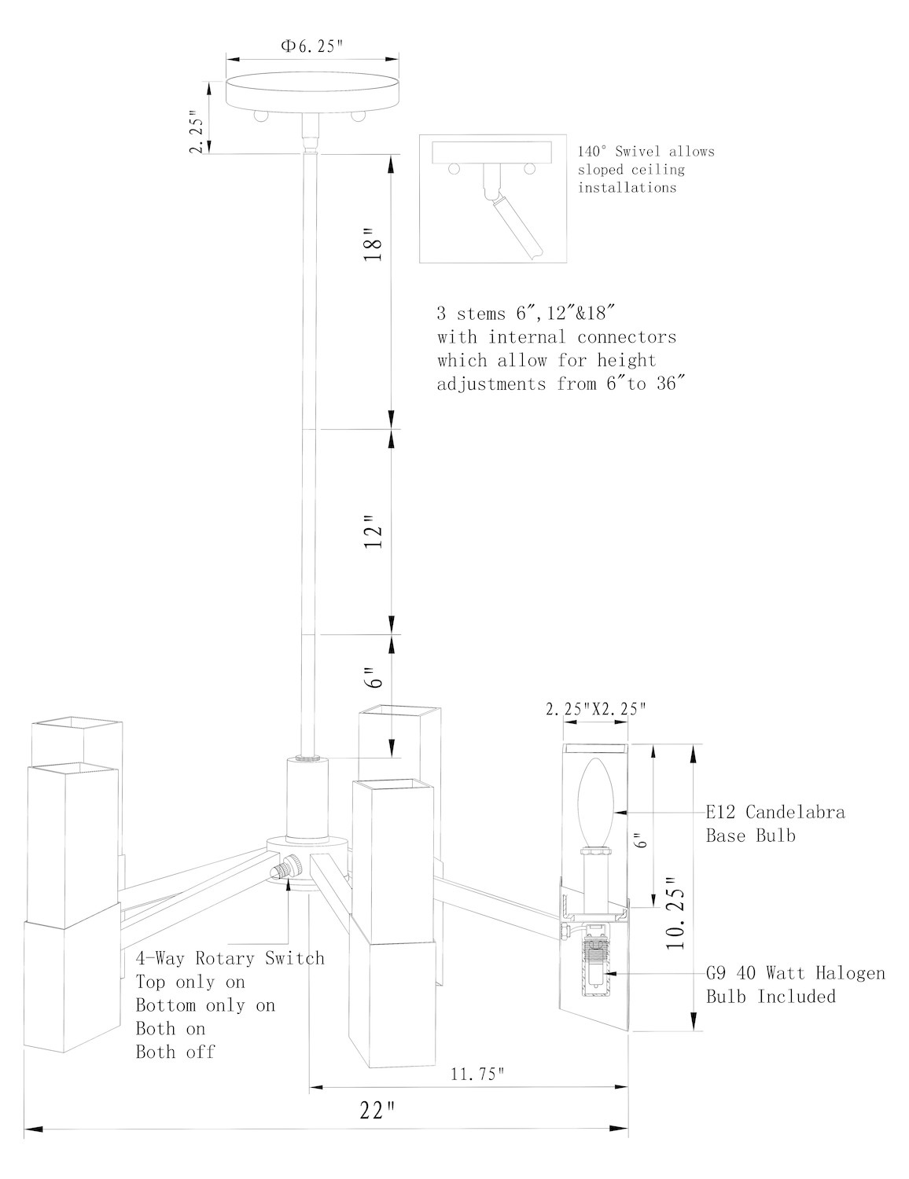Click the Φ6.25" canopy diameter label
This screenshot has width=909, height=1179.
click(x=312, y=46)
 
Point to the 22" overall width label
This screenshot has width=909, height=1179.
click(x=377, y=1111)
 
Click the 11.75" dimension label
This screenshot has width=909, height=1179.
click(x=477, y=1074)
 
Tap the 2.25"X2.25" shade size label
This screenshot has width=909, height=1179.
click(x=595, y=708)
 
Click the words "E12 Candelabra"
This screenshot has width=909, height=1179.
click(x=775, y=812)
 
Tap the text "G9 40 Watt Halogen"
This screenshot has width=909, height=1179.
click(x=795, y=973)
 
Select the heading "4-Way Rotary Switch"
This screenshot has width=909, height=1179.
click(x=230, y=958)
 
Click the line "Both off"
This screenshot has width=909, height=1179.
click(x=175, y=1052)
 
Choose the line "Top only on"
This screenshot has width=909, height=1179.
click(x=190, y=982)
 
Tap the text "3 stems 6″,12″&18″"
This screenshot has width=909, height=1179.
click(x=524, y=313)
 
